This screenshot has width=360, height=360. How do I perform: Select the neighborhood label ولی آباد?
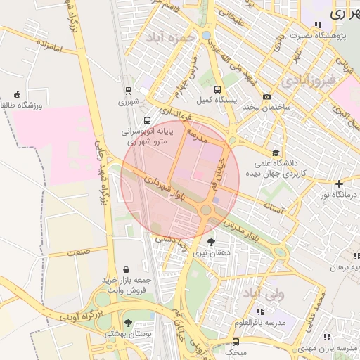pos(262,292)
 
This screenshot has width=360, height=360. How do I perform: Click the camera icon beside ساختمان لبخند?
pos(266,97)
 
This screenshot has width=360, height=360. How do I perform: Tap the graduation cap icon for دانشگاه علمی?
pos(276,153)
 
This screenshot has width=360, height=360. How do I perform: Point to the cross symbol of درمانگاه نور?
pos(339,184)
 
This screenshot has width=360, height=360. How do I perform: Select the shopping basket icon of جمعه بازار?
pos(126,269)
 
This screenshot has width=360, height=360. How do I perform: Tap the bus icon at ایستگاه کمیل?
pos(217,90)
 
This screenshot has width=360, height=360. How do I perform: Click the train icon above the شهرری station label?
pos(128,90)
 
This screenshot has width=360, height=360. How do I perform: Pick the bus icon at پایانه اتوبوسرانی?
pos(146,120)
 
